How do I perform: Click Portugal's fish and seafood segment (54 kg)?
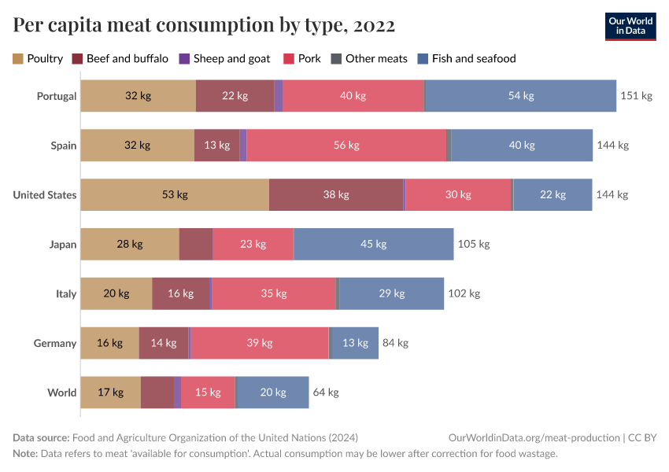tap(520, 96)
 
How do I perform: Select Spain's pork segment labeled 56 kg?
tap(346, 146)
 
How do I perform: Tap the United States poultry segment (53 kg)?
tap(175, 195)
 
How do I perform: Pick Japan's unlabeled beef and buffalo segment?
tap(196, 244)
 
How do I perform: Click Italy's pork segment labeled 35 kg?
tap(273, 293)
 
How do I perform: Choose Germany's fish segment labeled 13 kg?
tap(355, 343)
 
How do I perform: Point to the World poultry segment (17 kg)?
tap(111, 393)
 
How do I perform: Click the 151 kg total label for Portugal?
tap(636, 96)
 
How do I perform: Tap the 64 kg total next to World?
tap(326, 393)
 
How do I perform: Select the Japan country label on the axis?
tap(62, 245)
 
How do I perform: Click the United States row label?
tap(45, 195)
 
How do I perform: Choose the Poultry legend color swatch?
tap(18, 58)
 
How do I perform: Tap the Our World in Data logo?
tap(631, 26)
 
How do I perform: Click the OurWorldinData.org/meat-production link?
tap(533, 437)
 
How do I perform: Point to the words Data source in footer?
tap(41, 437)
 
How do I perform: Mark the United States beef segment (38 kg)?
tap(336, 195)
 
